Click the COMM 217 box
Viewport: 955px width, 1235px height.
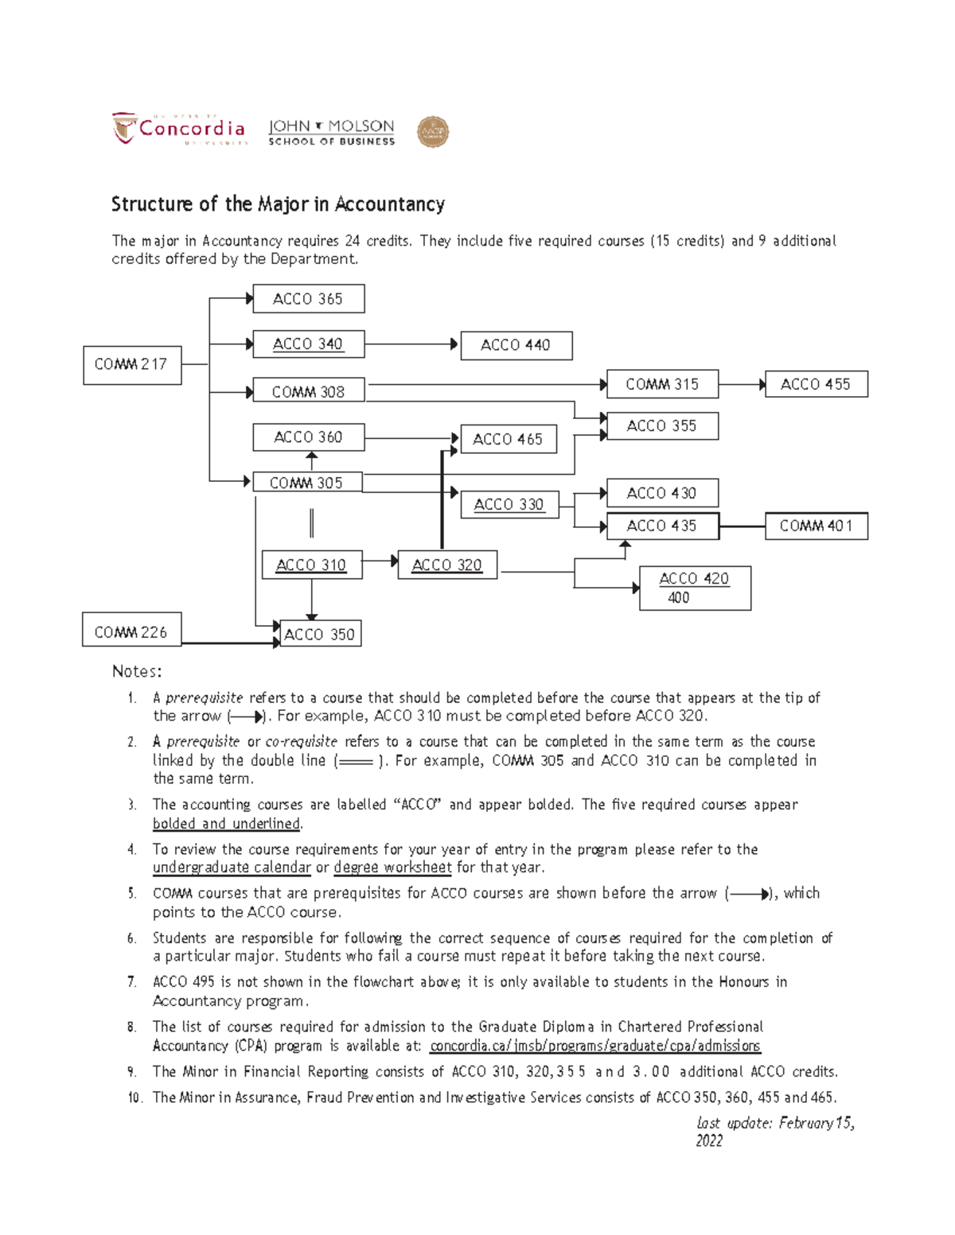click(132, 365)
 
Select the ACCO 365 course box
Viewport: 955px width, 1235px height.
click(308, 299)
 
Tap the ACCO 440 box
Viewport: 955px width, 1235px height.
click(516, 345)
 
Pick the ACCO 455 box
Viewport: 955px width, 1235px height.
click(816, 384)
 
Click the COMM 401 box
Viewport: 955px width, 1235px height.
click(816, 526)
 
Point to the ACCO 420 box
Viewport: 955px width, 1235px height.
click(695, 588)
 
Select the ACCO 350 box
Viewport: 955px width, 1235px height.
click(320, 634)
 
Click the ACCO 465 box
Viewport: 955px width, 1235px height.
click(508, 439)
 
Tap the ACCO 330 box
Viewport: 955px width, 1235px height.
click(509, 505)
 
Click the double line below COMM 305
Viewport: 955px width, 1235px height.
click(311, 523)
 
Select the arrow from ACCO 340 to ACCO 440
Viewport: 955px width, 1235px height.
click(411, 344)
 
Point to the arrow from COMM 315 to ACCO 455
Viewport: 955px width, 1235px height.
click(742, 385)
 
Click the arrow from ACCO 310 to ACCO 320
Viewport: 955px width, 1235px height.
click(380, 561)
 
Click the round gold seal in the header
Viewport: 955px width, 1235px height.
click(433, 132)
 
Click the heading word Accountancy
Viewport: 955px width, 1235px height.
click(389, 204)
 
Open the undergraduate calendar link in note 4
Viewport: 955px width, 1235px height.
click(232, 868)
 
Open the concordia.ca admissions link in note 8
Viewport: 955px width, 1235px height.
click(594, 1046)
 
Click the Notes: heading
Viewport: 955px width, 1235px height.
click(137, 671)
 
